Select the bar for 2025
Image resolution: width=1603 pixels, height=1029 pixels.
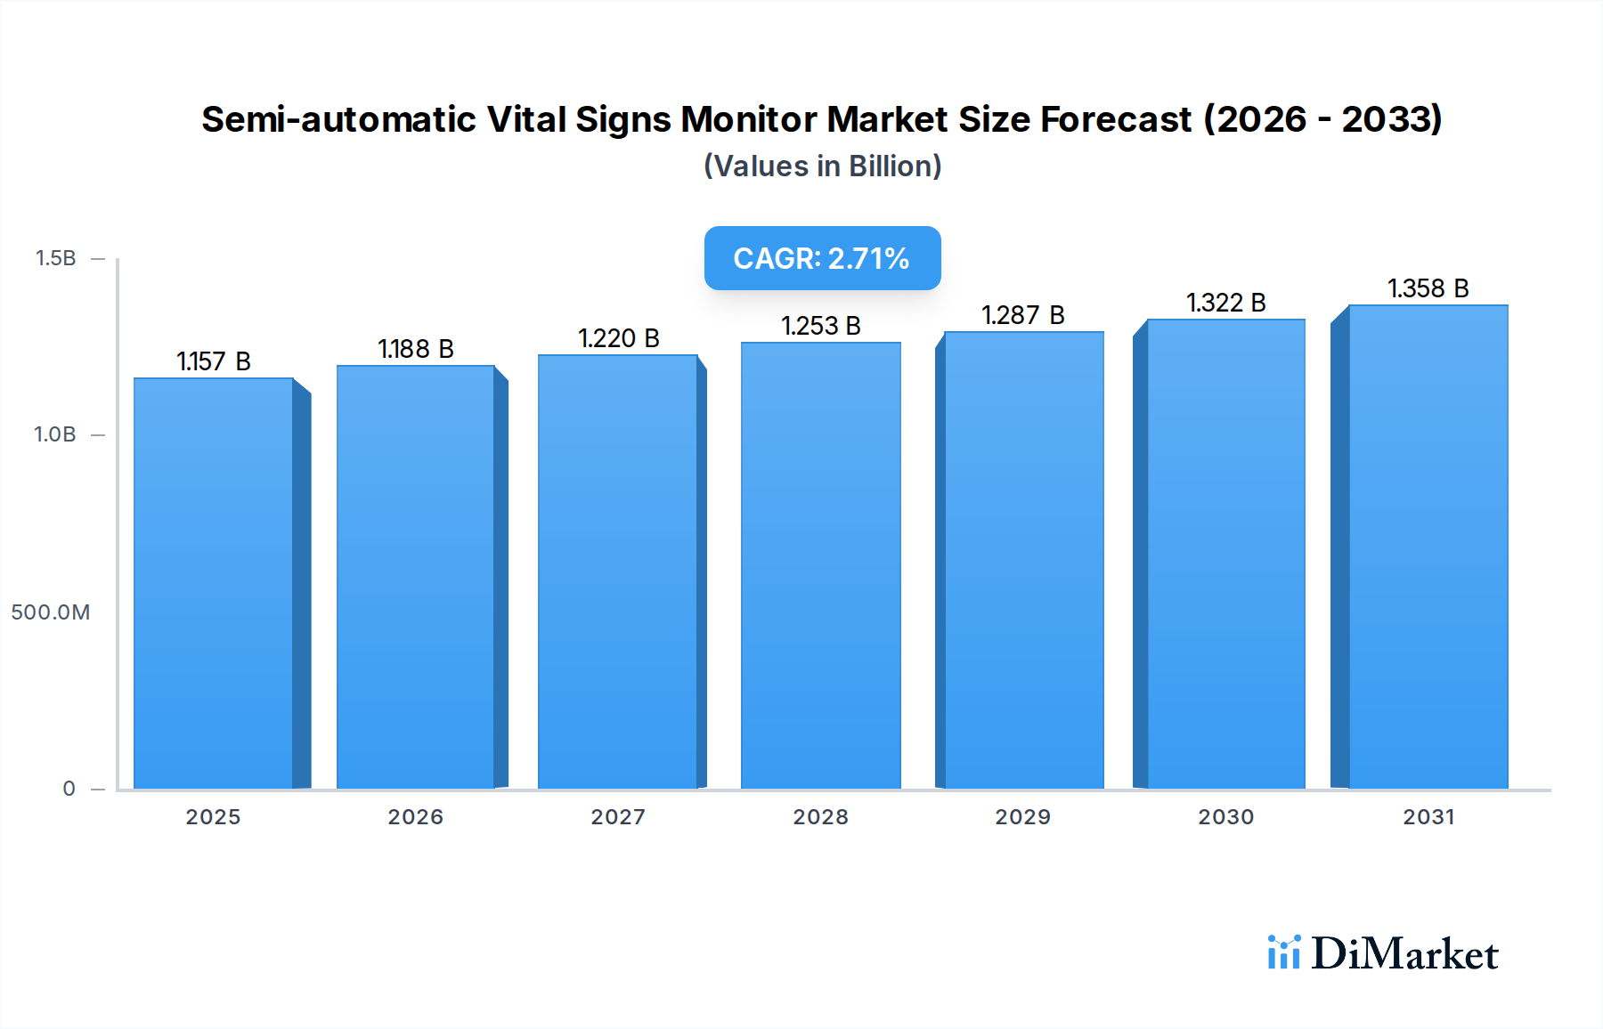(x=214, y=583)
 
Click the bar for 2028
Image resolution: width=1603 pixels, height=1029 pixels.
(x=820, y=565)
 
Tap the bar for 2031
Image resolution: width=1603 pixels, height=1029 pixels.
(x=1428, y=547)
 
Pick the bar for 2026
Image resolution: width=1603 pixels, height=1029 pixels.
(x=416, y=577)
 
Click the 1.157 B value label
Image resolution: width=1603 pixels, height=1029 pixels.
(x=214, y=361)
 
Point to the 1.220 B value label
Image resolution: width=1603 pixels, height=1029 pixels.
(x=619, y=338)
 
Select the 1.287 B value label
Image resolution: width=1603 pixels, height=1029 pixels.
(x=1023, y=315)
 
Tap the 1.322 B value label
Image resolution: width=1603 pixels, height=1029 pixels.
(x=1225, y=303)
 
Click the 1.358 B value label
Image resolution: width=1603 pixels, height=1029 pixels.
(x=1428, y=288)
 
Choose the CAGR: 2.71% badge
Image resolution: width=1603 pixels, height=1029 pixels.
(x=822, y=258)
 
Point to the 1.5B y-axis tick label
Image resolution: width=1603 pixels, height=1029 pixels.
(x=55, y=258)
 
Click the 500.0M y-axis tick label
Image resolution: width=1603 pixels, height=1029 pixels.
(x=51, y=612)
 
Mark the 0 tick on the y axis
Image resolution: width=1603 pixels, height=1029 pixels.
(x=69, y=789)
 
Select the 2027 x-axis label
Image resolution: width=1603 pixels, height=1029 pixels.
(x=618, y=817)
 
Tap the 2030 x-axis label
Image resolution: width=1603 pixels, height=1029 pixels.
(x=1225, y=817)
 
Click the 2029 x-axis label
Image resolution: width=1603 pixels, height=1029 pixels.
(x=1023, y=817)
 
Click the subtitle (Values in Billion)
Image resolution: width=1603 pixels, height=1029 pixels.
(x=822, y=166)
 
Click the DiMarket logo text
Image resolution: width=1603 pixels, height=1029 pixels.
(x=1404, y=954)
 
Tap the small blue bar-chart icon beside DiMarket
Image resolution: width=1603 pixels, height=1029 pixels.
(x=1283, y=952)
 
